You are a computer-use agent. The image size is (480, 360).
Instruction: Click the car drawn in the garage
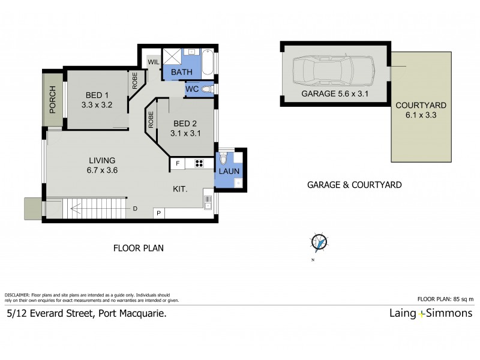[x=332, y=72]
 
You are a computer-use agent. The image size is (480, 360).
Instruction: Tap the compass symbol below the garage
[x=320, y=242]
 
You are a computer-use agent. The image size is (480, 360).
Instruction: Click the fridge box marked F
[x=178, y=163]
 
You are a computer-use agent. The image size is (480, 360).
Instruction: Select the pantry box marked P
[x=160, y=213]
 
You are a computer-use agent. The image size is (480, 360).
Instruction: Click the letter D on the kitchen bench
[x=136, y=209]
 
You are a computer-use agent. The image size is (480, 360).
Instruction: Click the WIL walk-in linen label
[x=154, y=61]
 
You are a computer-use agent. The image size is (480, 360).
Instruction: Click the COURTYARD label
[x=421, y=105]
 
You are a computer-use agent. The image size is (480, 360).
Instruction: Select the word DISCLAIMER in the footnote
[x=17, y=295]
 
